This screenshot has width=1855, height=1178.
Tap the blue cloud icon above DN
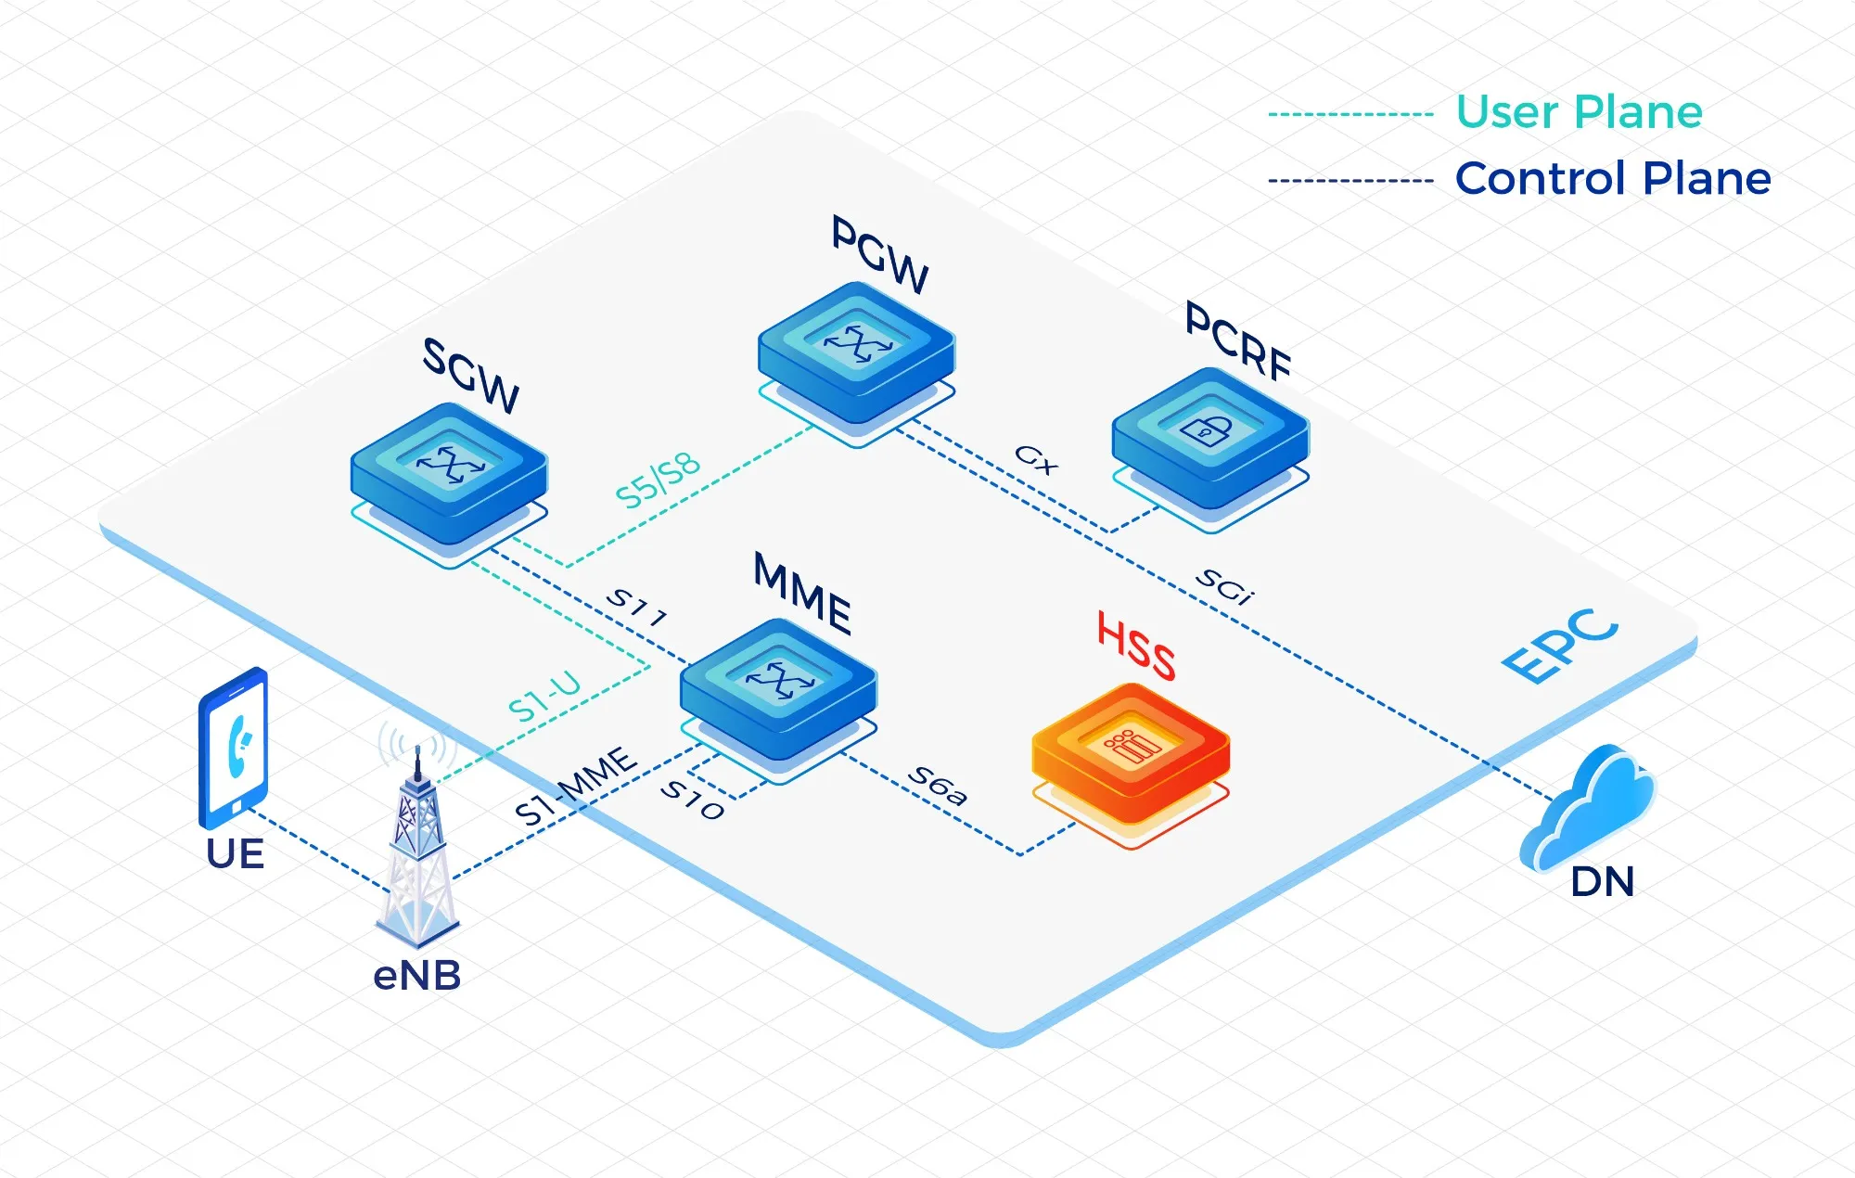pyautogui.click(x=1588, y=807)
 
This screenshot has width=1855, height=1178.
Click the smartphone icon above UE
pyautogui.click(x=234, y=748)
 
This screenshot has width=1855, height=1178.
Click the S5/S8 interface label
pyautogui.click(x=658, y=480)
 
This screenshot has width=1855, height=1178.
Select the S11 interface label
pyautogui.click(x=636, y=607)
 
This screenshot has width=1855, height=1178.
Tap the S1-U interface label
pyautogui.click(x=545, y=697)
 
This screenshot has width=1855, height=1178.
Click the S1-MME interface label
pyautogui.click(x=576, y=787)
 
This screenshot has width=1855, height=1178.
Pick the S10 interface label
pyautogui.click(x=692, y=800)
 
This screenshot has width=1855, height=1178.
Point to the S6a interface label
pyautogui.click(x=938, y=786)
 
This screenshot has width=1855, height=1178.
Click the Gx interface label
pyautogui.click(x=1035, y=458)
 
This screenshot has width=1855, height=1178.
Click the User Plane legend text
pyautogui.click(x=1579, y=112)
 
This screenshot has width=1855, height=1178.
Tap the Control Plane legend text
pyautogui.click(x=1613, y=178)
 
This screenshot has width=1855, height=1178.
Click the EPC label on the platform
pyautogui.click(x=1560, y=646)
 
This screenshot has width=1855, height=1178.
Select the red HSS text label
pyautogui.click(x=1137, y=646)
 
